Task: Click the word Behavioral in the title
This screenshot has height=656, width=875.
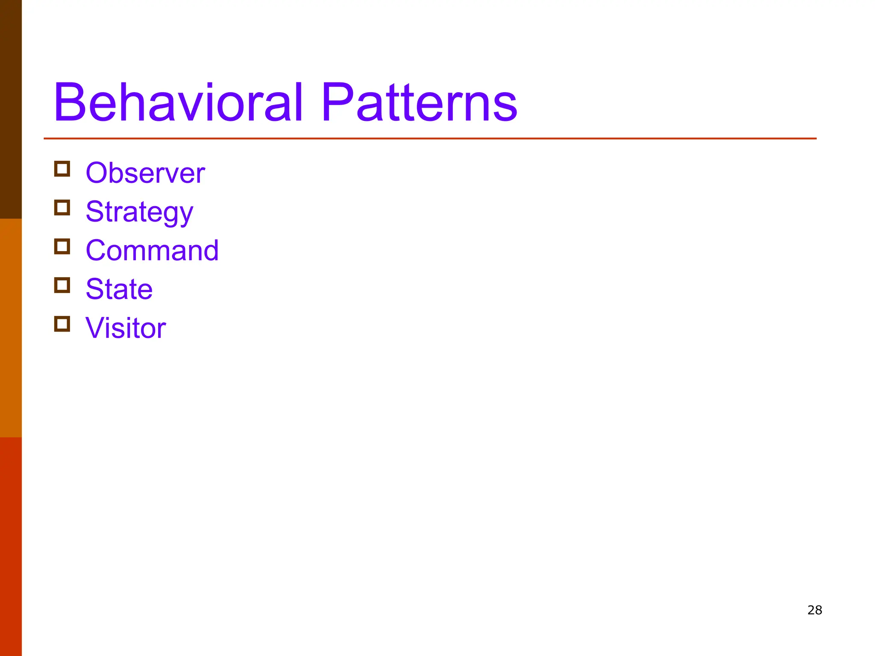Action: coord(179,102)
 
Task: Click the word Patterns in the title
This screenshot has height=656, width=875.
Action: coord(419,102)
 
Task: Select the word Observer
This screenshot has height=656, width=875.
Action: coord(145,173)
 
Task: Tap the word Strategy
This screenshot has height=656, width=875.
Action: coord(139,212)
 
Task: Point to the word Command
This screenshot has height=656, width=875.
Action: coord(152,250)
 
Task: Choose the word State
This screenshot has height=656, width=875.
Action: coord(119,289)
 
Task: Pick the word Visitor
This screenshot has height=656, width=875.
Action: coord(126,328)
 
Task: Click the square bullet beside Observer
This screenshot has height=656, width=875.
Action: coord(62,169)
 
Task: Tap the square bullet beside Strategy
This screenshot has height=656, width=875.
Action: coord(62,208)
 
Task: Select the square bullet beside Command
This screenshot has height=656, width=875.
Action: coord(62,246)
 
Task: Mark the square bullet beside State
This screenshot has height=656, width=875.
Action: coord(62,285)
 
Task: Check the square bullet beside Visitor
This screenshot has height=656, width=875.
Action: coord(62,324)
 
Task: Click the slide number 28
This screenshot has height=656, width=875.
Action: coord(815,610)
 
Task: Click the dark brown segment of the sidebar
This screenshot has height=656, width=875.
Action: coord(11,109)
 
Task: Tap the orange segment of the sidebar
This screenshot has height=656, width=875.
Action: coord(11,328)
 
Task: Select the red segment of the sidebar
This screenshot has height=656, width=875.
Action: coord(11,547)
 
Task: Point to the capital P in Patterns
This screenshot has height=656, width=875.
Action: coord(337,102)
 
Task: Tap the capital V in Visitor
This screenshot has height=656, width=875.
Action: coord(96,328)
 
